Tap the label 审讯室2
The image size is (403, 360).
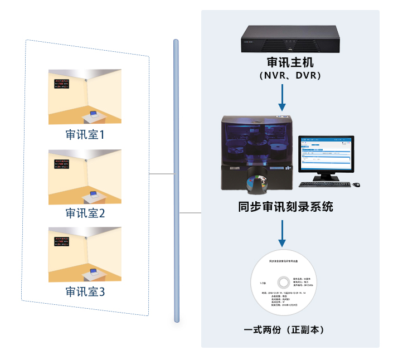coord(85,213)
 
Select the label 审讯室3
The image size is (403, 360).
coord(85,291)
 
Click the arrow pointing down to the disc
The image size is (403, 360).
coord(283,233)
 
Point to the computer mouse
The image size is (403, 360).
coord(357,184)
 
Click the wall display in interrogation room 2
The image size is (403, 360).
coord(62,164)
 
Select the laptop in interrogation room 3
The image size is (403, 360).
coord(93,271)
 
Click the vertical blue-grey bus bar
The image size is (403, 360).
coord(176,181)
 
